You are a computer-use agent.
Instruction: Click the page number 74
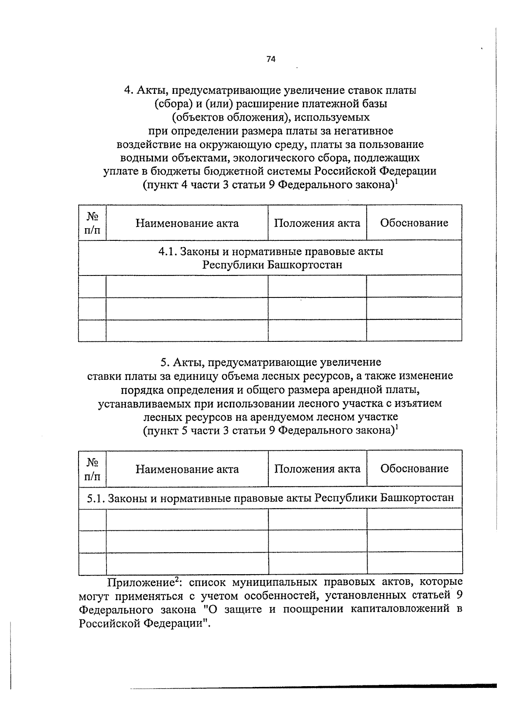pos(271,59)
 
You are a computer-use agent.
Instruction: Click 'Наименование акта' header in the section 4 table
pos(187,223)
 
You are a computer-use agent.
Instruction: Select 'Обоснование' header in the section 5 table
pos(414,468)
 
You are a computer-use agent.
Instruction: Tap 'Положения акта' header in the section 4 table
pos(317,223)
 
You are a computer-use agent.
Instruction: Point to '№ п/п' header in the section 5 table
pos(92,469)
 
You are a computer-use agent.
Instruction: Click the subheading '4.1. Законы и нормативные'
pos(270,252)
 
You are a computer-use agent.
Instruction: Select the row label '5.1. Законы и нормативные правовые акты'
pos(270,498)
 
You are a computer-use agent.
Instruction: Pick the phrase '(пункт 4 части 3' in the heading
pos(181,185)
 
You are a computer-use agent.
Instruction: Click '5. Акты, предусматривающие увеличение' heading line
pos(270,363)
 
